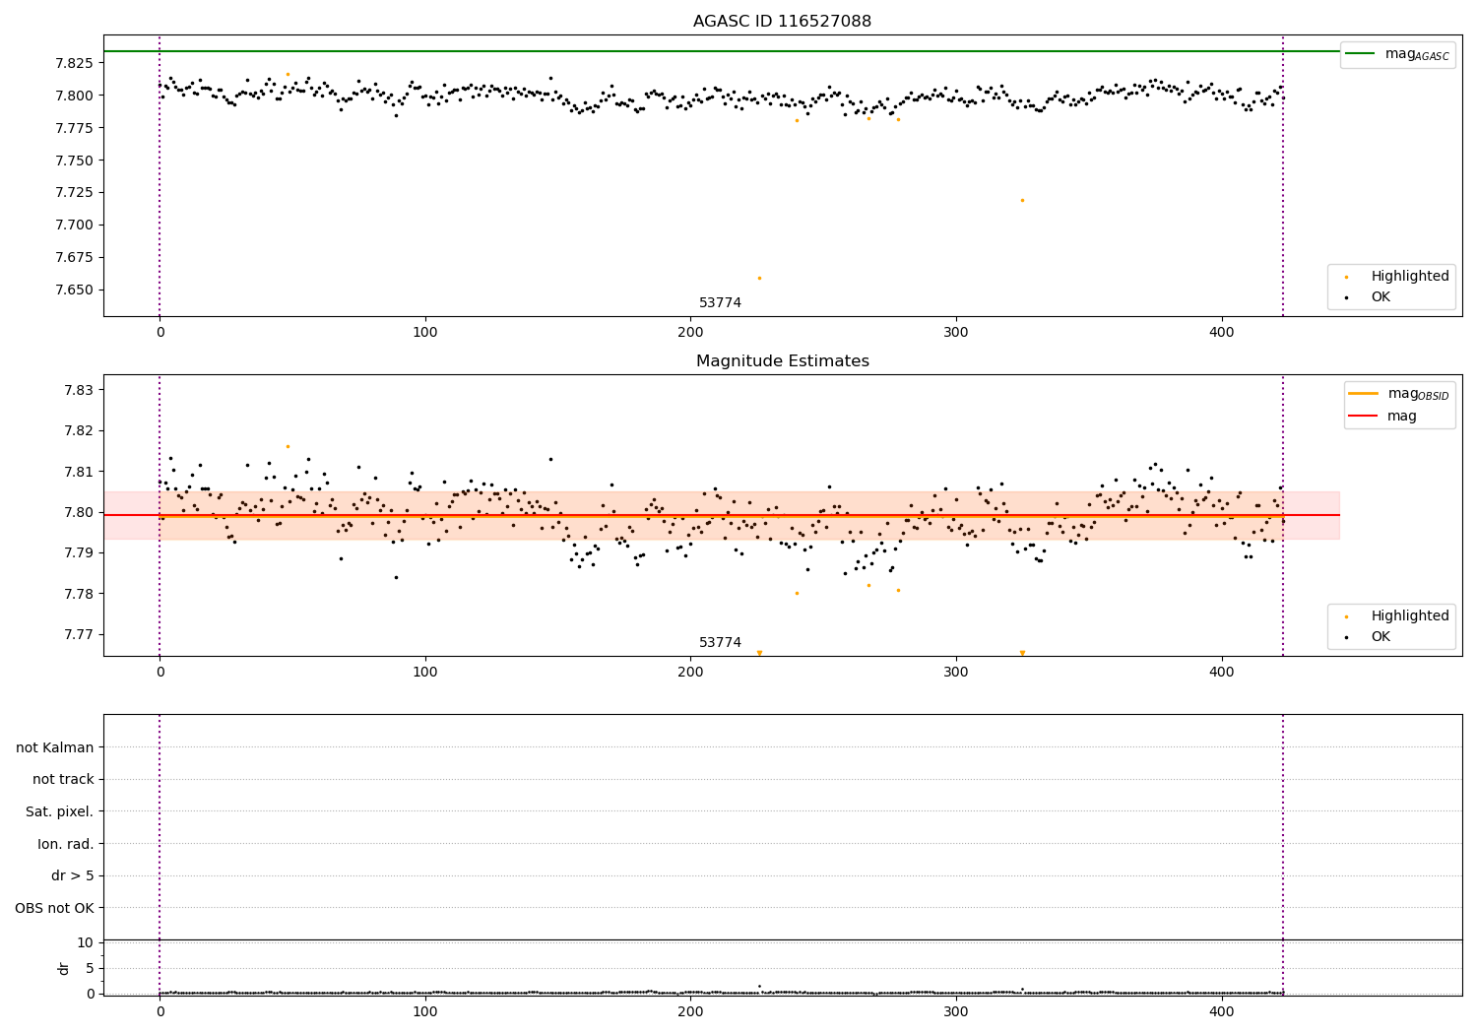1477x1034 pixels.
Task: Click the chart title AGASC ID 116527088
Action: point(782,22)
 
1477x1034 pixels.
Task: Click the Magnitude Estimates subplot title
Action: point(782,361)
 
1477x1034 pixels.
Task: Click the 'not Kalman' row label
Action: point(55,747)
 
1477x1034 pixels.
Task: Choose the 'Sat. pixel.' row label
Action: point(59,811)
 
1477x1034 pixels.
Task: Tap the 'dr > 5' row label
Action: point(72,875)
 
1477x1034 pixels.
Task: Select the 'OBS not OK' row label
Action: point(54,908)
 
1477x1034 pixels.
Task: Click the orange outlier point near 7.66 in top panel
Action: point(759,278)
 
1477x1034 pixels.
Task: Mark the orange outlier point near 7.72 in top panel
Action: point(1022,200)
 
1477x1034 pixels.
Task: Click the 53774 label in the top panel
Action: point(720,303)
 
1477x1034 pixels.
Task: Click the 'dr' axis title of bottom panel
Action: point(64,968)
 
